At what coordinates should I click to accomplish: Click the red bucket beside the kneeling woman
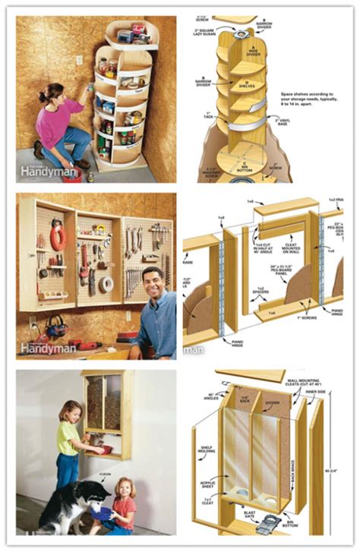73,175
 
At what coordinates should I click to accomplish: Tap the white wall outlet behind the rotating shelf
79,60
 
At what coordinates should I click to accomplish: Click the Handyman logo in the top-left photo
47,172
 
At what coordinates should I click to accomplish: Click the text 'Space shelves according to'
308,94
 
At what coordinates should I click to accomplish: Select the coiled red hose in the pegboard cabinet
58,236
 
